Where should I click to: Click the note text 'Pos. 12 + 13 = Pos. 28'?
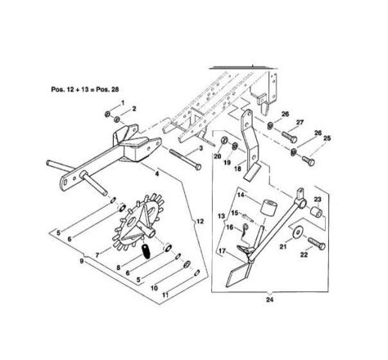(x=85, y=89)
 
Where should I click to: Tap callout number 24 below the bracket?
(x=269, y=299)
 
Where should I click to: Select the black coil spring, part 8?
(x=146, y=251)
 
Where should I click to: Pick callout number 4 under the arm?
(x=157, y=173)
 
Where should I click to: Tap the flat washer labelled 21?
(x=298, y=232)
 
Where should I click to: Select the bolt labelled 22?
(x=317, y=243)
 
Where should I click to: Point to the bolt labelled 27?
(x=289, y=137)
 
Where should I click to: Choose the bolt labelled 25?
(x=309, y=160)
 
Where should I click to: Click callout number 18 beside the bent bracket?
(x=237, y=169)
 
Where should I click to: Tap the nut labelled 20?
(x=223, y=140)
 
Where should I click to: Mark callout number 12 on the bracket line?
(x=200, y=221)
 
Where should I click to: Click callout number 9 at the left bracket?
(x=82, y=261)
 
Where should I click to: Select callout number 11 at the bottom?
(x=165, y=295)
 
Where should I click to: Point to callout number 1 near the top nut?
(x=123, y=102)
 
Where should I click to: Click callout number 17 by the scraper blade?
(x=222, y=250)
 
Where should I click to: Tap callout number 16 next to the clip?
(x=230, y=227)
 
